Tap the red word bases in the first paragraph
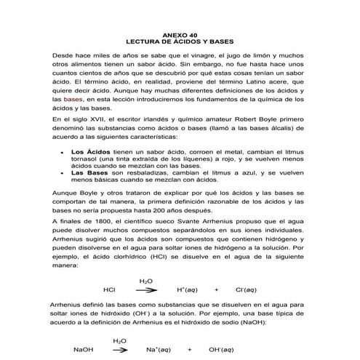[x=73, y=97]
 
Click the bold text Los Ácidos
[x=88, y=152]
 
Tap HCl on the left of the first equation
[x=110, y=289]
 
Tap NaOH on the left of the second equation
[x=84, y=349]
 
